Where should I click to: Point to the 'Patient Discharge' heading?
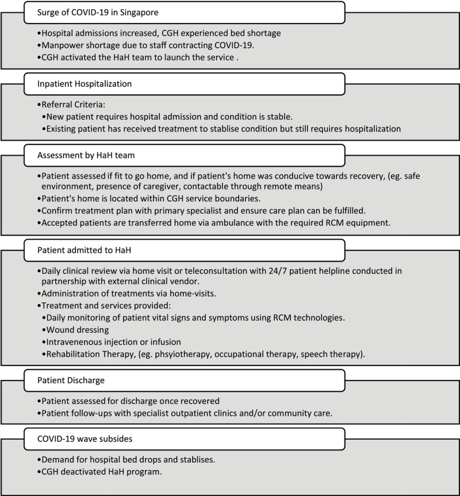click(72, 380)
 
